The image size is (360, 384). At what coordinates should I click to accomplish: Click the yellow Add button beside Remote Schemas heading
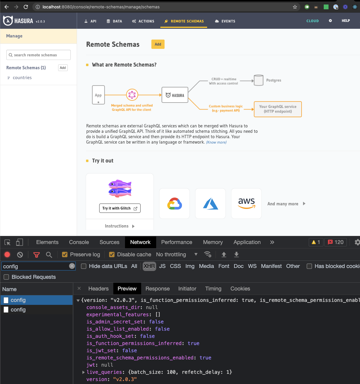click(158, 44)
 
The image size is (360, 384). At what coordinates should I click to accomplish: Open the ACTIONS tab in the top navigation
click(143, 21)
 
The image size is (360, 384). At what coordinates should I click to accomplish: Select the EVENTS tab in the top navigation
click(225, 21)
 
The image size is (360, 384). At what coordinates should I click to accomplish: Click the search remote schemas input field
click(39, 55)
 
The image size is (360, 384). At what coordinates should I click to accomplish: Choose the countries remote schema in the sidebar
click(22, 78)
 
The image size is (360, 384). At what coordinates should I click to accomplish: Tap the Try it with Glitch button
click(120, 208)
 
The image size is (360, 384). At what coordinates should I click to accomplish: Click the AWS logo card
click(246, 204)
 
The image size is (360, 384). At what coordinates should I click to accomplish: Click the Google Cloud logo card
click(174, 204)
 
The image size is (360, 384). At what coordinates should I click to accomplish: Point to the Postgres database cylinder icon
click(258, 80)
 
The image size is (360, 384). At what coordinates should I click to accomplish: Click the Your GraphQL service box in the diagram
click(278, 109)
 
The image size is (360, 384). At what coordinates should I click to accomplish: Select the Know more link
click(216, 142)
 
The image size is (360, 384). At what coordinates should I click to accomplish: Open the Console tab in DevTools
click(79, 242)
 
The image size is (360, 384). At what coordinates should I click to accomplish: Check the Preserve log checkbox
click(64, 255)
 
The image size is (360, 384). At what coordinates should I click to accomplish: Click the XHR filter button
click(149, 266)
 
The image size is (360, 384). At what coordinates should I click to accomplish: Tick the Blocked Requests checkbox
click(6, 277)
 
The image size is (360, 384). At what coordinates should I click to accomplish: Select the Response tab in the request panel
click(157, 289)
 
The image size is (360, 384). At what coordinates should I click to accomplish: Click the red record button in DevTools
click(7, 255)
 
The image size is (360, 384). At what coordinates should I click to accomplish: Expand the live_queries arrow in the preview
click(83, 372)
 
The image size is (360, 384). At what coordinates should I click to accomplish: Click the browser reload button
click(26, 7)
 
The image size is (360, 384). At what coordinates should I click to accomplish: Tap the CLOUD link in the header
click(312, 21)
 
